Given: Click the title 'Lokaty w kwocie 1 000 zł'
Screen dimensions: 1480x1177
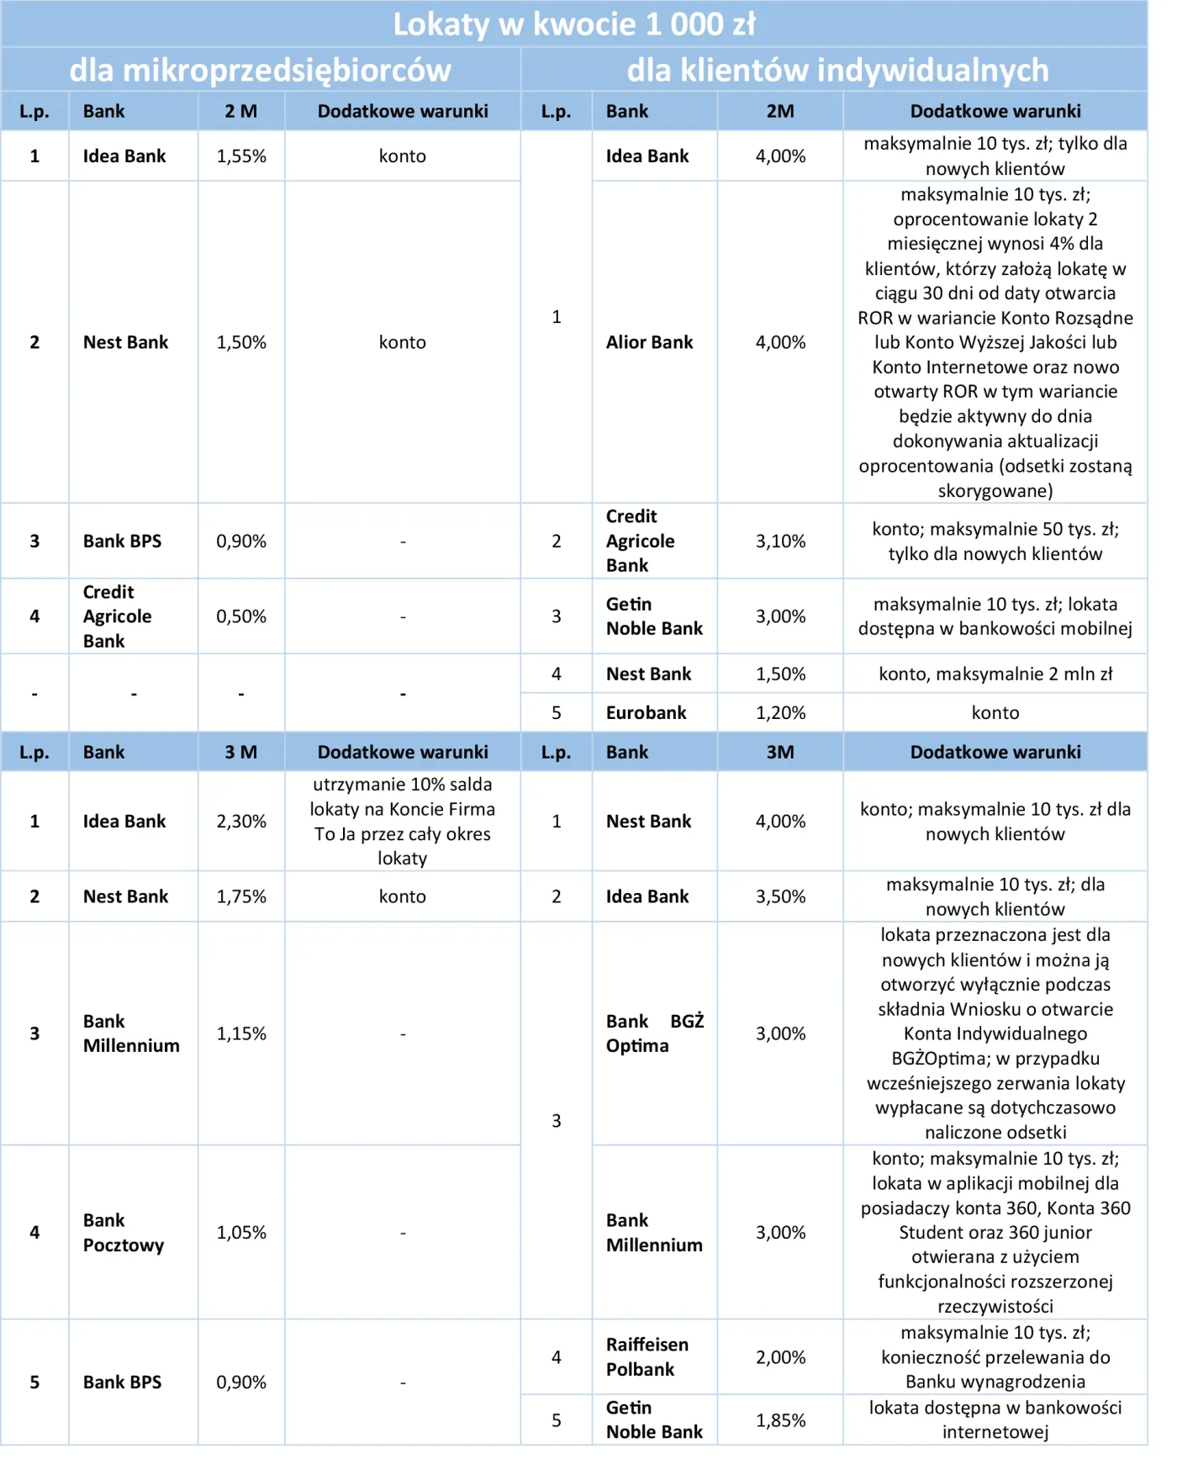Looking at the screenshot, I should click(574, 24).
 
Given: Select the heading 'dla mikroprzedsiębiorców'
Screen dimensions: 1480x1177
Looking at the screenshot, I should click(260, 70).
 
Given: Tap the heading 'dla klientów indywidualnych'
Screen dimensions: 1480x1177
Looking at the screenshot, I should click(837, 70).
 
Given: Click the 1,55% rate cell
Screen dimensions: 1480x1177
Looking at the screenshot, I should click(241, 156).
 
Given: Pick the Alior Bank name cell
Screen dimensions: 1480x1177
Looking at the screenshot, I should click(649, 342).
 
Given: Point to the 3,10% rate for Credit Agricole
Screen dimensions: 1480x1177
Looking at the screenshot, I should click(780, 542).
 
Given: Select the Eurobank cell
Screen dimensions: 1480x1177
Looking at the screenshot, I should click(646, 713).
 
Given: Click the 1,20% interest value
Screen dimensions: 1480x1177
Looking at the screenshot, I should click(780, 713).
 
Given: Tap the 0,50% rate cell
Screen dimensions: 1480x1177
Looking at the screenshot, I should click(241, 616).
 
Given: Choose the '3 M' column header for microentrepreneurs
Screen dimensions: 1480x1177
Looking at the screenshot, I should click(241, 753).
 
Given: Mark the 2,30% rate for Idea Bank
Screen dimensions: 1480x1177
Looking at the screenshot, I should click(241, 822).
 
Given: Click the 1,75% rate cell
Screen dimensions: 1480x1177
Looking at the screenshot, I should click(241, 897).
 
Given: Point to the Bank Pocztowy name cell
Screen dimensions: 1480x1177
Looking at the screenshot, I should click(124, 1233).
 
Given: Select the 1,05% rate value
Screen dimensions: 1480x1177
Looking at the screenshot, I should click(241, 1233).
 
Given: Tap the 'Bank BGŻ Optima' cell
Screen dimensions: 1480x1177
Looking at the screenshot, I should click(654, 1033).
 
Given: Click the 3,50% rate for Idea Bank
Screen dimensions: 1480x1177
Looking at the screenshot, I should click(780, 897).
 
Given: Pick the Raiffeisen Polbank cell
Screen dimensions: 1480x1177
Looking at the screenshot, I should click(647, 1357).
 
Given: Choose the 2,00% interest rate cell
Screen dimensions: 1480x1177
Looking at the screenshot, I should click(780, 1357).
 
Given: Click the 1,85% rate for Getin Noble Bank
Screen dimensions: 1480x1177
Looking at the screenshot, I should click(780, 1421).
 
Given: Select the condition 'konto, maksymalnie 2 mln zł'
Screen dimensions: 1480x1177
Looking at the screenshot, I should click(995, 674).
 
